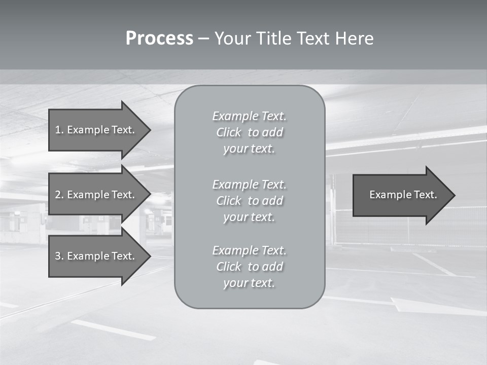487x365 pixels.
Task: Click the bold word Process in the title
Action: click(x=159, y=39)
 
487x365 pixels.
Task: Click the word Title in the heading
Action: click(x=272, y=39)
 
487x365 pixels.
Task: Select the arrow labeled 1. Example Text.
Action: click(x=96, y=130)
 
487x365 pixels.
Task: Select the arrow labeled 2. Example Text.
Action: click(x=96, y=195)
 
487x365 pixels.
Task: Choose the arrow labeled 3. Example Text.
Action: click(x=96, y=256)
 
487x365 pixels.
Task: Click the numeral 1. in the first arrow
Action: click(x=59, y=130)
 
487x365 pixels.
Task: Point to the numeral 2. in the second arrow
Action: click(x=59, y=195)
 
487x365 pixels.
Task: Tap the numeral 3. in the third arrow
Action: click(x=59, y=256)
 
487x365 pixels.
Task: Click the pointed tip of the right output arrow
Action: click(x=453, y=195)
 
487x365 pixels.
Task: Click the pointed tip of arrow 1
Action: click(x=149, y=130)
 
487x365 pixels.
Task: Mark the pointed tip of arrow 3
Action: click(x=149, y=256)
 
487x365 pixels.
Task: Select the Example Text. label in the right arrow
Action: click(x=403, y=195)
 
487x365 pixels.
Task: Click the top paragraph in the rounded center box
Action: click(x=249, y=132)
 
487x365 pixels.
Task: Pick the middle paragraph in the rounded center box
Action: click(x=249, y=201)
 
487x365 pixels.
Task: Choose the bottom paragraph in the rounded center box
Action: click(x=249, y=267)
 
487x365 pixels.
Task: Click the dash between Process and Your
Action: click(x=203, y=39)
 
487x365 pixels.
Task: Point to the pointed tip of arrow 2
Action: click(x=149, y=195)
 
